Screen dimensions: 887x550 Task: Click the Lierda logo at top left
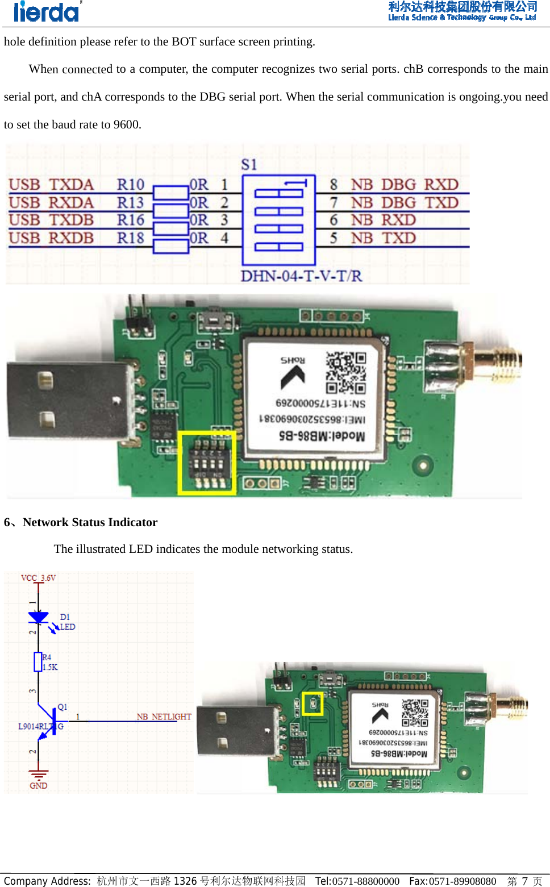pyautogui.click(x=47, y=11)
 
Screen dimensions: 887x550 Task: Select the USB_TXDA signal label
pyautogui.click(x=51, y=185)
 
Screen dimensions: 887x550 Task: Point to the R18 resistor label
pyautogui.click(x=131, y=238)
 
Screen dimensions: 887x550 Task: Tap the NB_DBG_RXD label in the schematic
pyautogui.click(x=404, y=185)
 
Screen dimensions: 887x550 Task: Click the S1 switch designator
pyautogui.click(x=249, y=165)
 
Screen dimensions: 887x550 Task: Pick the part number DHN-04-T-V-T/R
pyautogui.click(x=301, y=276)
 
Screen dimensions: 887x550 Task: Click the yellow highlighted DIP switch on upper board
pyautogui.click(x=207, y=463)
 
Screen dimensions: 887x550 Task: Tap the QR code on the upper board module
pyautogui.click(x=345, y=373)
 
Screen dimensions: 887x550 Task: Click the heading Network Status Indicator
pyautogui.click(x=90, y=522)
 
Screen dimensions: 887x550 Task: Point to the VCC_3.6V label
pyautogui.click(x=38, y=578)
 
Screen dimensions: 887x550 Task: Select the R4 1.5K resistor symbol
pyautogui.click(x=38, y=662)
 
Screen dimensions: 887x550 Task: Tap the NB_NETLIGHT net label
pyautogui.click(x=164, y=717)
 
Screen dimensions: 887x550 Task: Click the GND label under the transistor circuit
pyautogui.click(x=38, y=786)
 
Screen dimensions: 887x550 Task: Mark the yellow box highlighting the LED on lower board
pyautogui.click(x=312, y=703)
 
